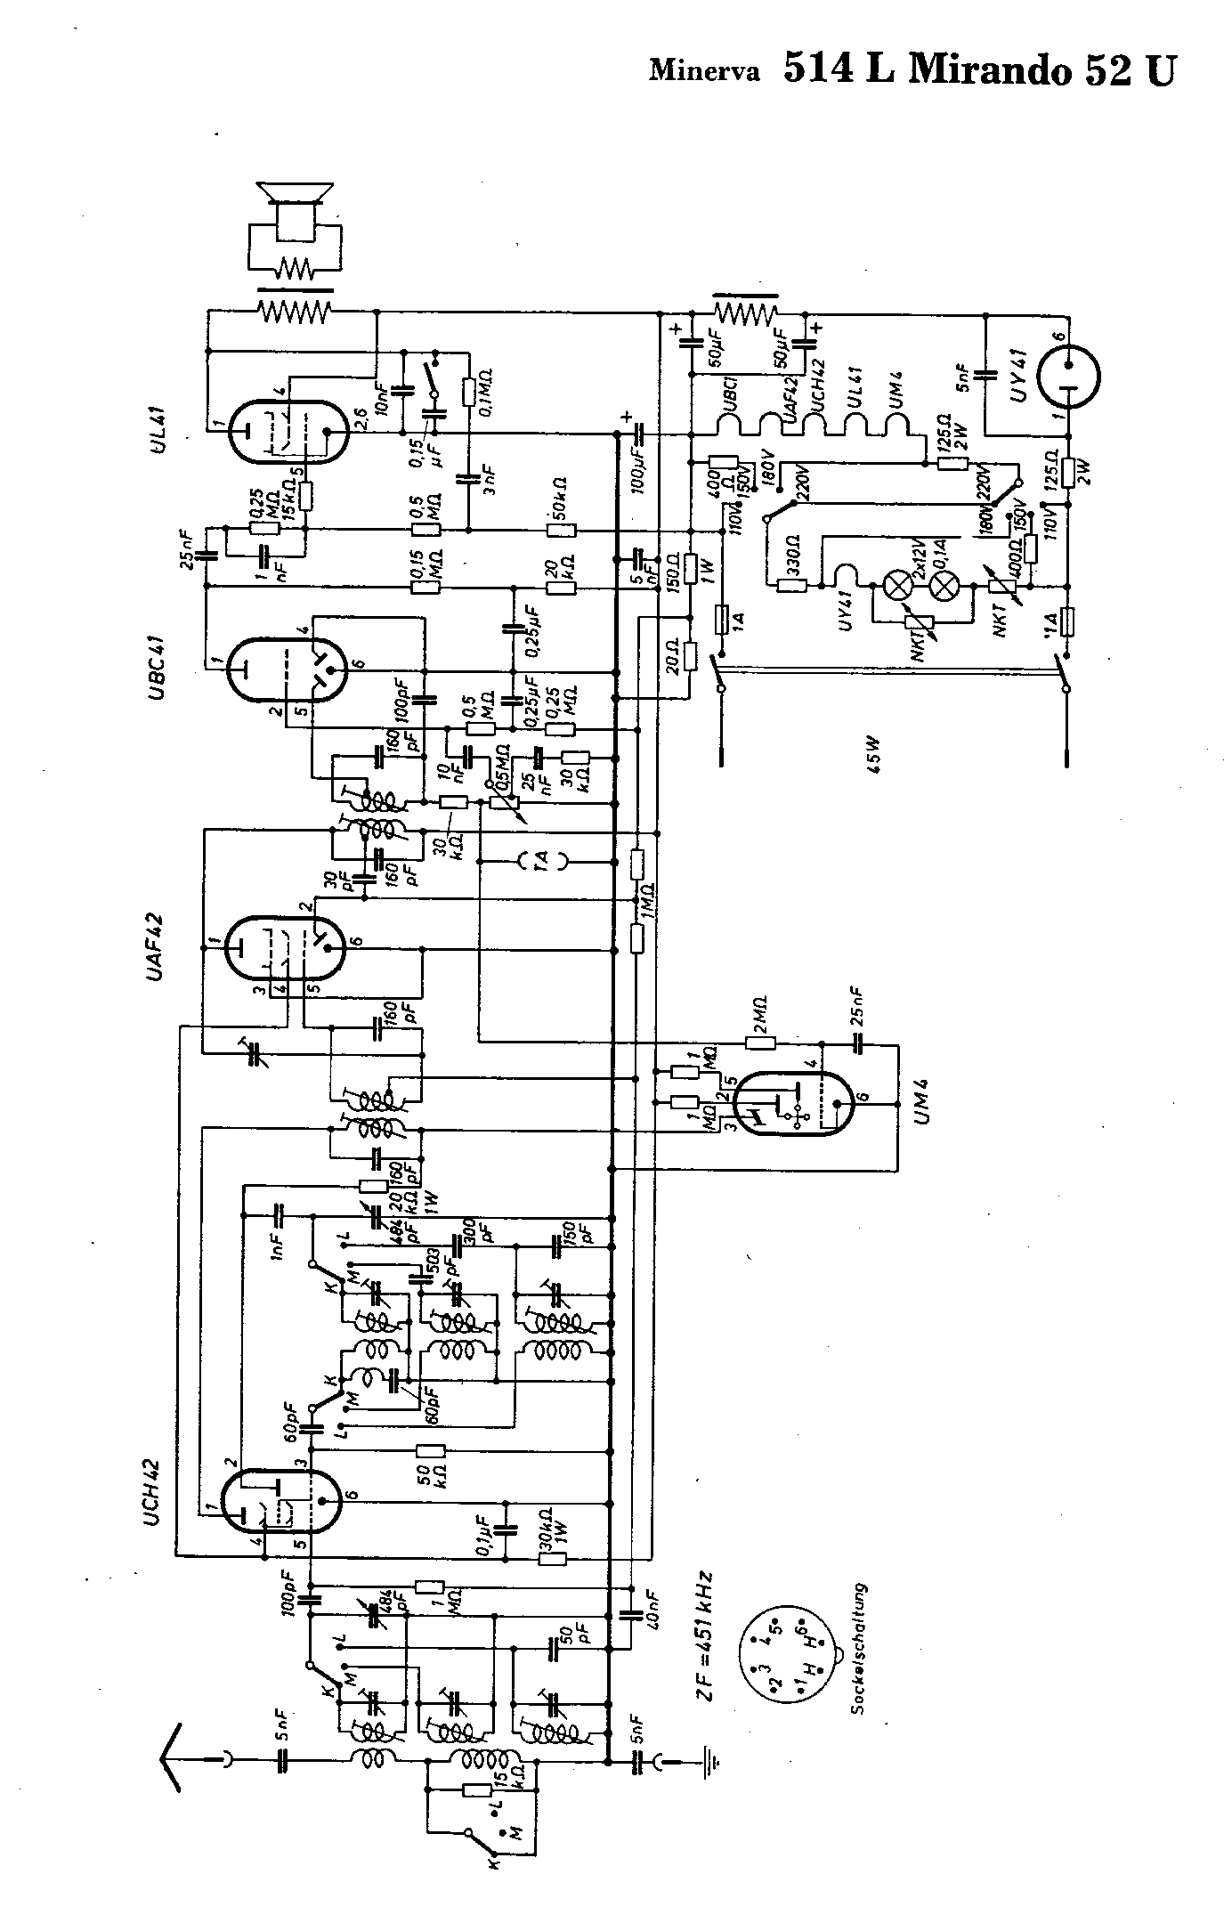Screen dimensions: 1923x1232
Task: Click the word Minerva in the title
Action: [704, 70]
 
